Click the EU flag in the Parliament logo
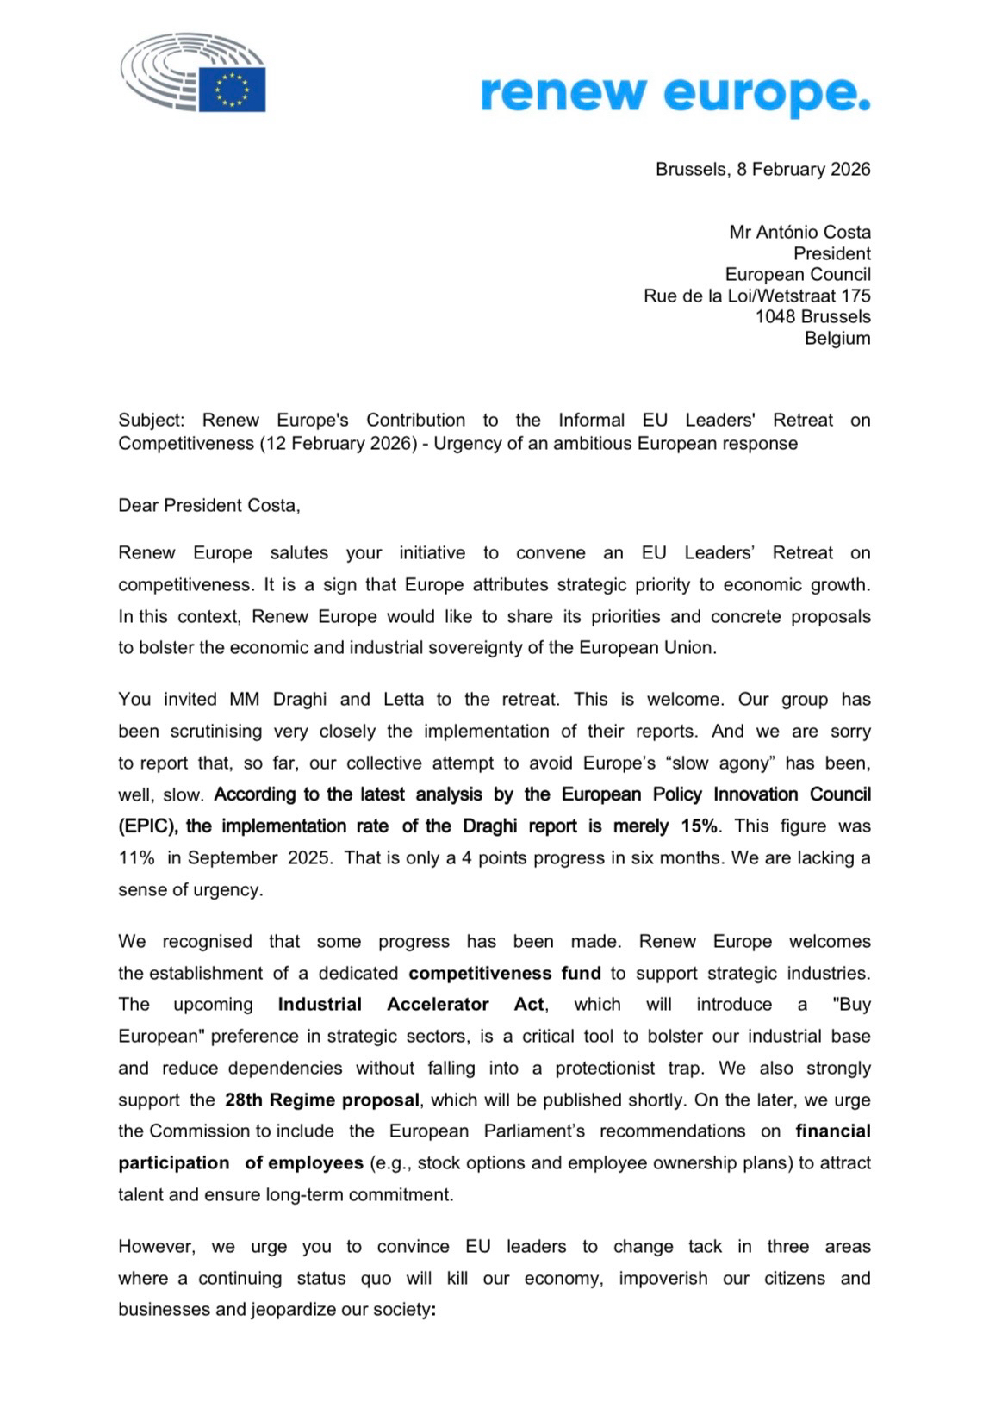point(233,90)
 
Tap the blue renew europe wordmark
point(675,93)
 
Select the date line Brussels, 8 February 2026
point(762,169)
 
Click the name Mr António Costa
point(799,232)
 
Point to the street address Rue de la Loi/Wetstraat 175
point(756,296)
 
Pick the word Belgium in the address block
point(837,338)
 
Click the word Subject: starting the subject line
point(151,420)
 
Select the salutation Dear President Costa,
point(209,505)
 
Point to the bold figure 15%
point(700,826)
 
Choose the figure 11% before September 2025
point(136,857)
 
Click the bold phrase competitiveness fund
point(504,973)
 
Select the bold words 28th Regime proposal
point(322,1100)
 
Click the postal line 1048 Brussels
point(812,316)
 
